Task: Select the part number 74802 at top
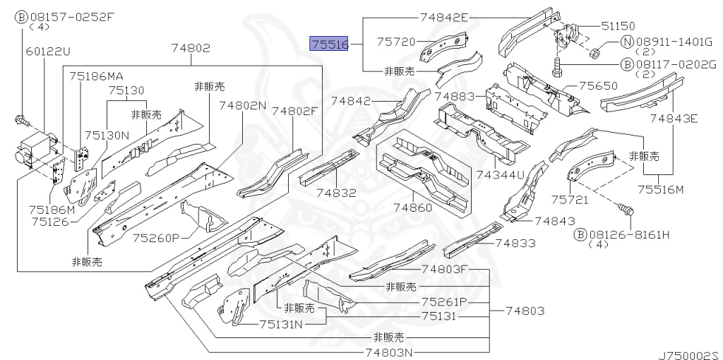[191, 48]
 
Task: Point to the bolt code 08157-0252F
[70, 17]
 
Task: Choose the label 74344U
[500, 174]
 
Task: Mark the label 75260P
[155, 237]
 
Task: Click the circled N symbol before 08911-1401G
[626, 42]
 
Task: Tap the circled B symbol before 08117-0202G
[626, 64]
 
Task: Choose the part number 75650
[598, 86]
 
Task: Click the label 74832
[336, 193]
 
